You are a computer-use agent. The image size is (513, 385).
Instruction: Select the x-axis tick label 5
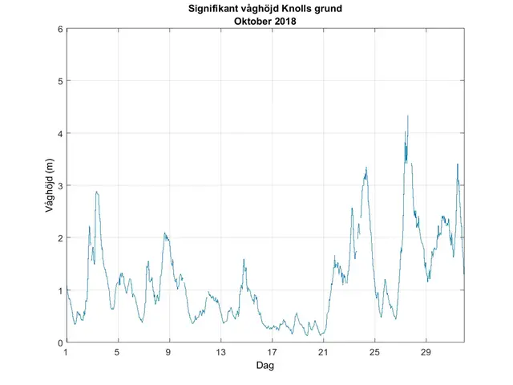[117, 351]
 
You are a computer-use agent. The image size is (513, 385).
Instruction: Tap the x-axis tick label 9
[168, 351]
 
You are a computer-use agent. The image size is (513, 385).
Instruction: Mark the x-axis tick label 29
[426, 351]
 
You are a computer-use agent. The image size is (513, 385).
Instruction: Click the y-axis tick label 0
[59, 342]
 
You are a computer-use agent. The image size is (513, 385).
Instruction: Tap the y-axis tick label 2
[59, 238]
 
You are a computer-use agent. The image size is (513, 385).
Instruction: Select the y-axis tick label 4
[59, 133]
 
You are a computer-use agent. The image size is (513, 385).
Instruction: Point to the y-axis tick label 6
[59, 29]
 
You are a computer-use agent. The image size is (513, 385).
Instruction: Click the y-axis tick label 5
[59, 81]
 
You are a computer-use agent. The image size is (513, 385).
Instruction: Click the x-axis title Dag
[265, 364]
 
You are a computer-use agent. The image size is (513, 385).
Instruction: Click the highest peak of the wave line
[407, 115]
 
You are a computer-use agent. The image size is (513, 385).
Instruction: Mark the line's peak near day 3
[96, 192]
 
